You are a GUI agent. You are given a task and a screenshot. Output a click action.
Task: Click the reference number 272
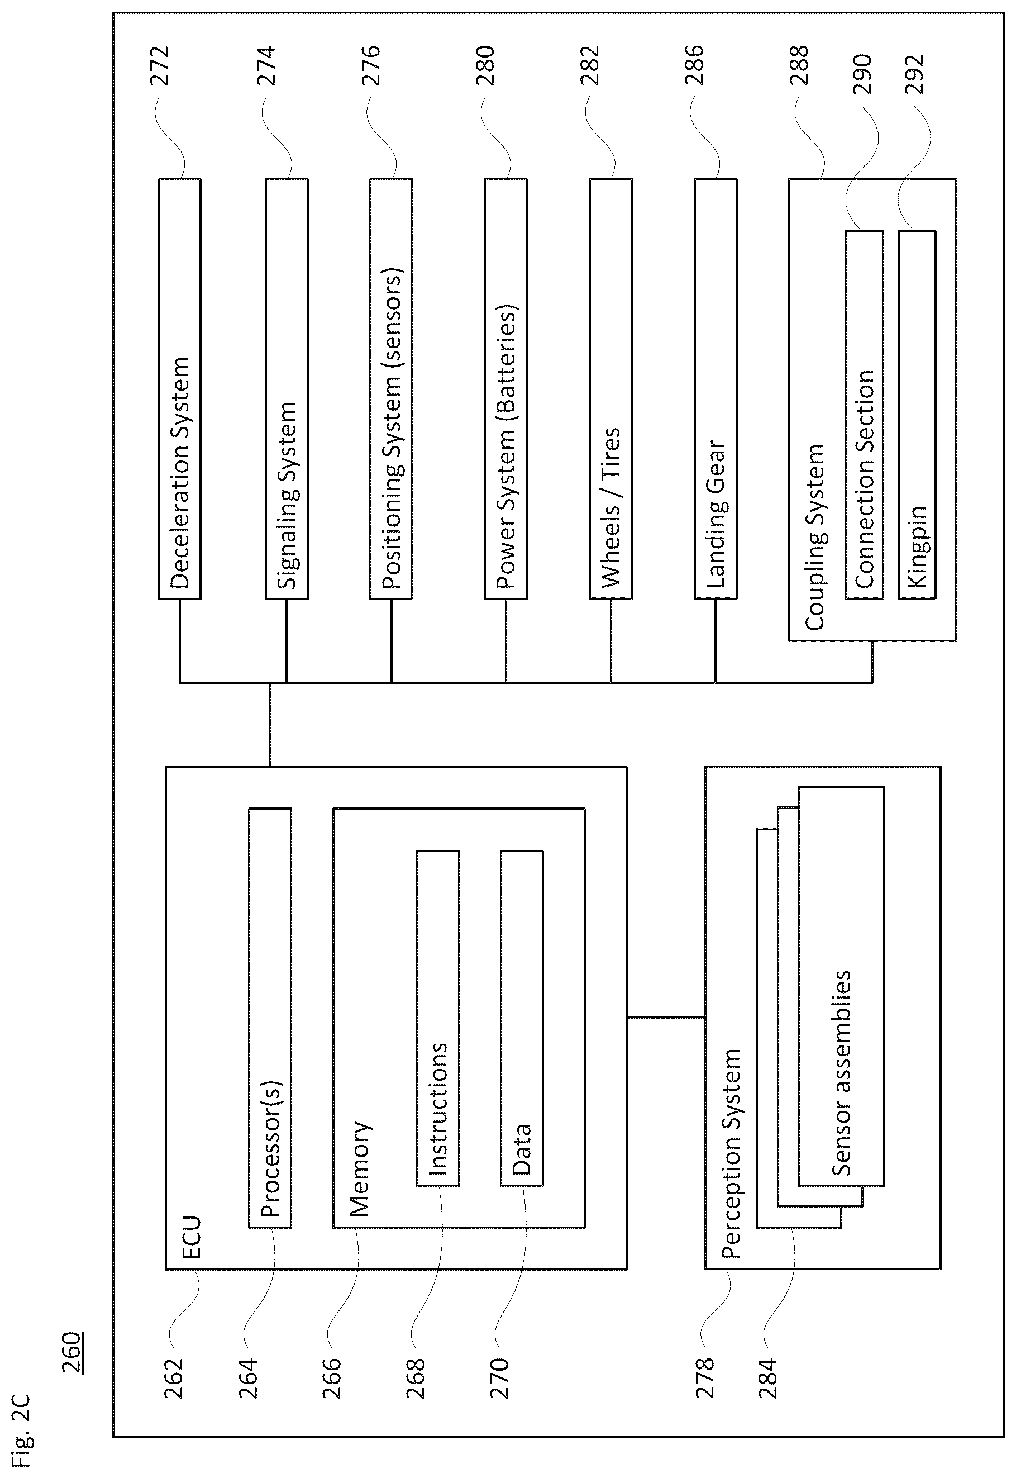159,65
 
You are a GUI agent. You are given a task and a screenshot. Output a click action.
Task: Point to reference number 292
914,75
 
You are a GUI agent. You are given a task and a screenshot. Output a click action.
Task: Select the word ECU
191,1237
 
